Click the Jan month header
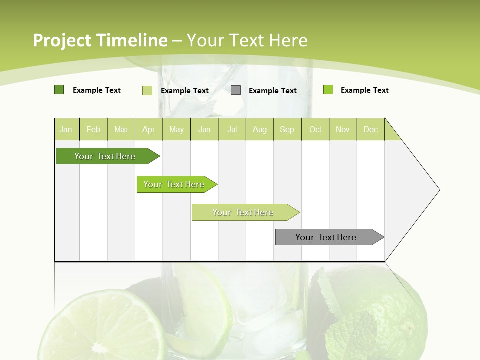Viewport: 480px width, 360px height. [66, 130]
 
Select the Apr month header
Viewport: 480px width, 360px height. [148, 130]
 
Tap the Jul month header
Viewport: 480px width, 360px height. [232, 130]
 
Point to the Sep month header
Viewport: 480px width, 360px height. [287, 130]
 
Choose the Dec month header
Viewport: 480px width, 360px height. [370, 130]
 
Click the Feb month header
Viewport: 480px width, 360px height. [93, 130]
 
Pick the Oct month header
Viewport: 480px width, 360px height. [315, 130]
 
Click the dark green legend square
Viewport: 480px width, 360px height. [59, 90]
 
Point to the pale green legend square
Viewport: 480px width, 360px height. [147, 90]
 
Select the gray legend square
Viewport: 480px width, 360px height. [236, 90]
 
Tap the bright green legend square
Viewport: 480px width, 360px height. [328, 90]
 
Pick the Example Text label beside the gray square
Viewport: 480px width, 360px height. [272, 91]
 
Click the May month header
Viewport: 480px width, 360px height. [176, 130]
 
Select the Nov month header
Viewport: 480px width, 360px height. [343, 130]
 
